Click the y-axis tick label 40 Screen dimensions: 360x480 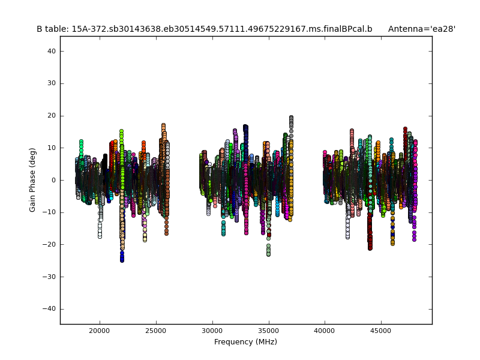point(52,52)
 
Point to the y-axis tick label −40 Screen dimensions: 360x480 point(50,309)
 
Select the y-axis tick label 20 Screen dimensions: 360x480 point(52,116)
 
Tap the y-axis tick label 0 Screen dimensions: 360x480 point(53,180)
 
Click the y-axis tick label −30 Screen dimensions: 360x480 point(50,277)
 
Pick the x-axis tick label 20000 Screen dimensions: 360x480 point(99,331)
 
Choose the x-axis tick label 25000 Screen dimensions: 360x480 point(155,331)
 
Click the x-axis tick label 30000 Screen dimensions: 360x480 point(212,331)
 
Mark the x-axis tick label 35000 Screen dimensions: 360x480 point(268,331)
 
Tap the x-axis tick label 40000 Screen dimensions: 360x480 point(325,331)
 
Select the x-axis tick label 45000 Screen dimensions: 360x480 point(381,331)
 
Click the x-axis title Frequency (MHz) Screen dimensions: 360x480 point(245,342)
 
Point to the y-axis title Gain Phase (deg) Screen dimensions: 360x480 point(33,180)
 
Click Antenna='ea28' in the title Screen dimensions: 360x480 point(422,29)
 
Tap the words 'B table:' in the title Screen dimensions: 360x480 point(52,29)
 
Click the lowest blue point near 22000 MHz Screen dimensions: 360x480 point(122,260)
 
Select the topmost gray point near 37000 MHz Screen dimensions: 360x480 point(291,118)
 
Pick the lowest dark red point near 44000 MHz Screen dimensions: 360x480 point(370,248)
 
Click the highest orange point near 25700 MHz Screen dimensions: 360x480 point(163,125)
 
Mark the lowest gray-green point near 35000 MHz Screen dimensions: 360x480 point(268,254)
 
